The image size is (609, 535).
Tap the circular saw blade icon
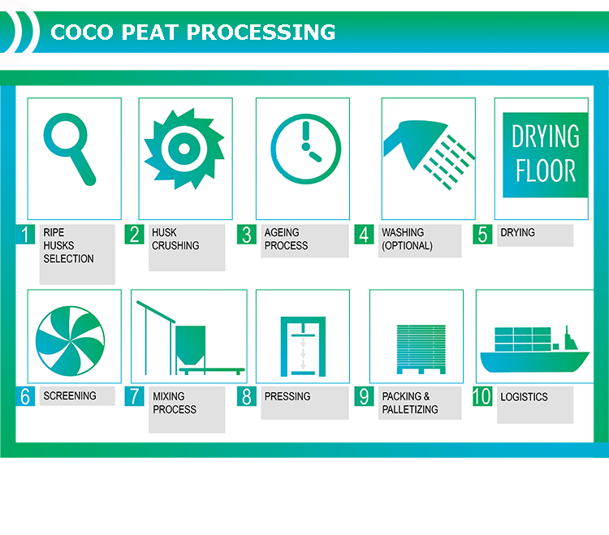184,149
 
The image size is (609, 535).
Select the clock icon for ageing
305,149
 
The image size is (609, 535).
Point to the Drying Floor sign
546,155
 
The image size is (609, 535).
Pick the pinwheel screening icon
71,341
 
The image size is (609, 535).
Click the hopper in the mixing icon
190,345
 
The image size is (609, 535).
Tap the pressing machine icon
303,347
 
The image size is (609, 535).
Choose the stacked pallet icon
421,349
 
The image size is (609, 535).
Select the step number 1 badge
26,235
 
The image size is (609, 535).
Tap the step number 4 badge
364,235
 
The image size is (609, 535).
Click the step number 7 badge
134,396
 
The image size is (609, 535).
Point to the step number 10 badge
482,396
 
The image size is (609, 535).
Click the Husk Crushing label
175,239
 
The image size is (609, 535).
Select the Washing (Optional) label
407,239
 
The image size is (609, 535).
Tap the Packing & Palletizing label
410,403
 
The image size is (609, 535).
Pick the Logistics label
524,397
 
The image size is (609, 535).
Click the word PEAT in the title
149,32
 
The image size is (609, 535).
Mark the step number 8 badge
247,396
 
